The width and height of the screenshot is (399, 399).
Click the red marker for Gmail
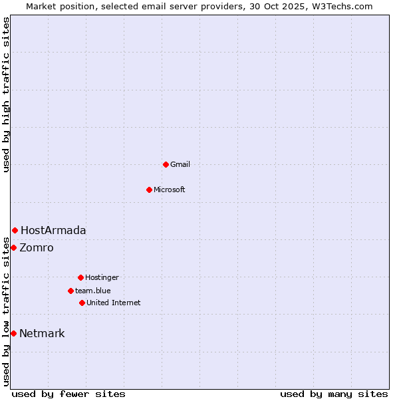[166, 164]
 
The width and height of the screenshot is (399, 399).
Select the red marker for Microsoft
[149, 190]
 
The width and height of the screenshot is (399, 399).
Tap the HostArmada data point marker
[15, 230]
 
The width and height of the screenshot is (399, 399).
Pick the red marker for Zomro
[13, 247]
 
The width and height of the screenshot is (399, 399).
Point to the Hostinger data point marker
[80, 277]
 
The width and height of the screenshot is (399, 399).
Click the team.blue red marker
[70, 291]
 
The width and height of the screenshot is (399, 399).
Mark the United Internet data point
[82, 303]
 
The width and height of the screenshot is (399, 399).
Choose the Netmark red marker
[13, 333]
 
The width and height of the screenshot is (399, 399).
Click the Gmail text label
[180, 164]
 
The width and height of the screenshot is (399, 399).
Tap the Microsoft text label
[170, 190]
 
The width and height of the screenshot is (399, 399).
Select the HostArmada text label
[53, 230]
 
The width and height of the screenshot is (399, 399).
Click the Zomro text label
[37, 247]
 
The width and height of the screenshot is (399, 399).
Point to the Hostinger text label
[102, 277]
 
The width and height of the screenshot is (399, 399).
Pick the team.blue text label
[93, 291]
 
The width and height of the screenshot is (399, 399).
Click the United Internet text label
[114, 303]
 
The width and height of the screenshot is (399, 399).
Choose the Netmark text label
[42, 333]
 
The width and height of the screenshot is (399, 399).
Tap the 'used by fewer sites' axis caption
[68, 394]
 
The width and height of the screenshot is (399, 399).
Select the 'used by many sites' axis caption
[334, 394]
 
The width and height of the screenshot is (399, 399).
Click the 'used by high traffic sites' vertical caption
[6, 94]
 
